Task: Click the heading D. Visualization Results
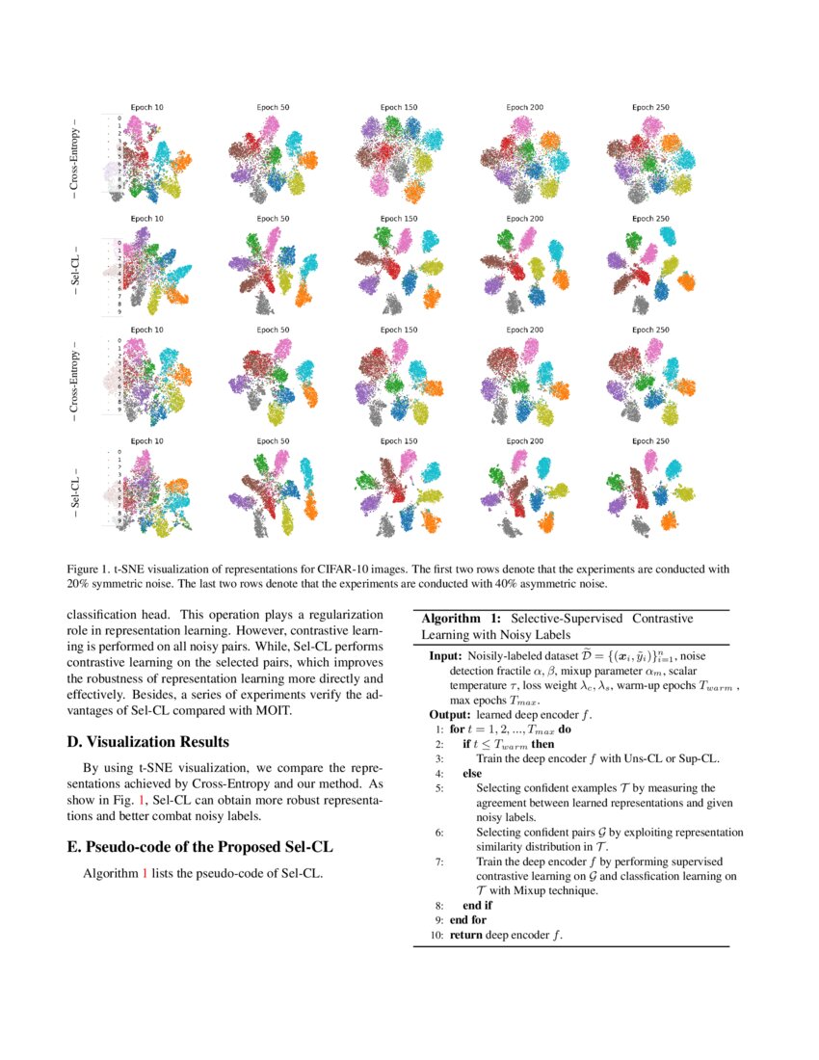coord(148,742)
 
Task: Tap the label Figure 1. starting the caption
coord(90,569)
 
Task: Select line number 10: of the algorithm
coord(436,935)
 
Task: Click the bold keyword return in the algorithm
coord(466,935)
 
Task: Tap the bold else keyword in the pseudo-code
coord(472,773)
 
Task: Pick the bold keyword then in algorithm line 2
coord(542,744)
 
